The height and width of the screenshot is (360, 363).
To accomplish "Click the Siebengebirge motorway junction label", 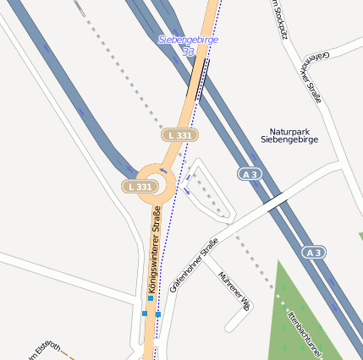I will coord(188,40).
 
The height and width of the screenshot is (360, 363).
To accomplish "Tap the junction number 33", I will coord(188,52).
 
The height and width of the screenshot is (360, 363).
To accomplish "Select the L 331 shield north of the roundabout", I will coord(179,135).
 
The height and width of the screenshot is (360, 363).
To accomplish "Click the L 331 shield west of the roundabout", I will coord(140,186).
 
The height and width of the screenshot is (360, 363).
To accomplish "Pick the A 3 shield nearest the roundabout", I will coord(248,173).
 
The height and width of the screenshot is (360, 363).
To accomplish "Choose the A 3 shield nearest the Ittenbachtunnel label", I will coord(314,253).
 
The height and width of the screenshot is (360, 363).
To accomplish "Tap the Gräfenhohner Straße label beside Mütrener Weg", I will coord(194,265).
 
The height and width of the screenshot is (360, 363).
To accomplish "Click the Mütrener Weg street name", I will coord(234,292).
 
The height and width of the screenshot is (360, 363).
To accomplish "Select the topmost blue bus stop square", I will coord(151,297).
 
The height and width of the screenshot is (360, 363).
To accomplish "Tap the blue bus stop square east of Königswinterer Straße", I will coord(158,314).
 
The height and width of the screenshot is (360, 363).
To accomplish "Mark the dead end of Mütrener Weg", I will coord(227,328).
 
